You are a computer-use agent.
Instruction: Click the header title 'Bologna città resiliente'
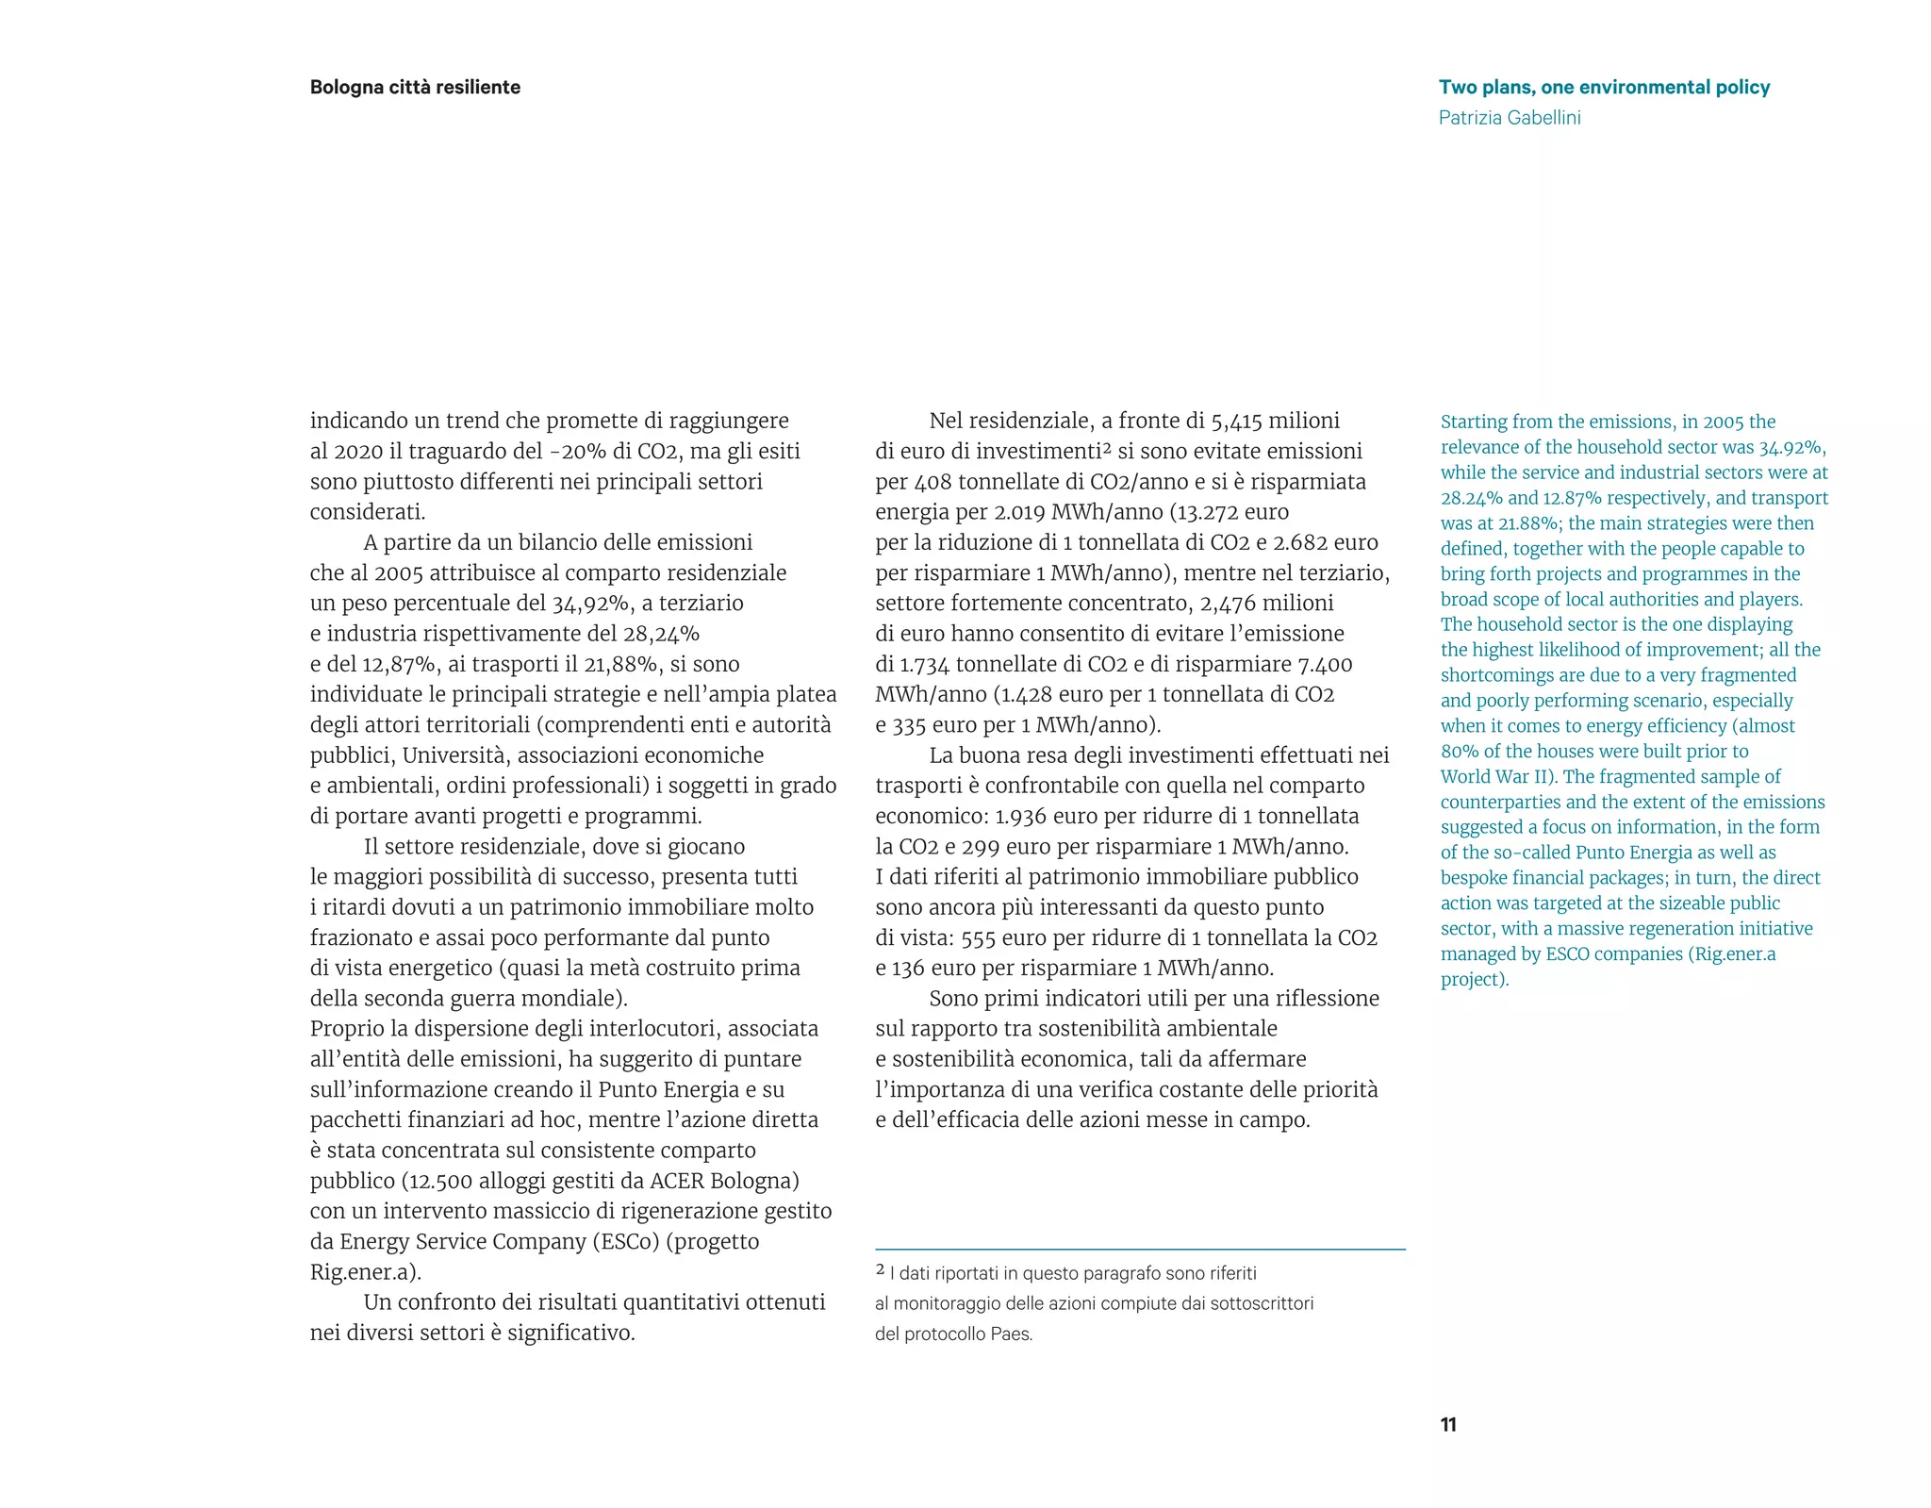point(415,88)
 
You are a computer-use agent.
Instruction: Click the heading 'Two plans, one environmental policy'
point(1604,88)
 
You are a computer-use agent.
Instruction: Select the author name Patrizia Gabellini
point(1510,118)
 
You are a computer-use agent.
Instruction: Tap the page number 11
point(1448,1425)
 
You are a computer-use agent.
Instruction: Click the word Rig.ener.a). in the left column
point(366,1272)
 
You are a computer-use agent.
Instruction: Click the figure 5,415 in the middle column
point(1236,421)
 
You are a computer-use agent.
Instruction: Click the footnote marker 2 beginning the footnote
point(881,1270)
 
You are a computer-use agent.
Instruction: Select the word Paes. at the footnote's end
point(1012,1334)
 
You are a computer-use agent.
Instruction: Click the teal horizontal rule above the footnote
point(1140,1250)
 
